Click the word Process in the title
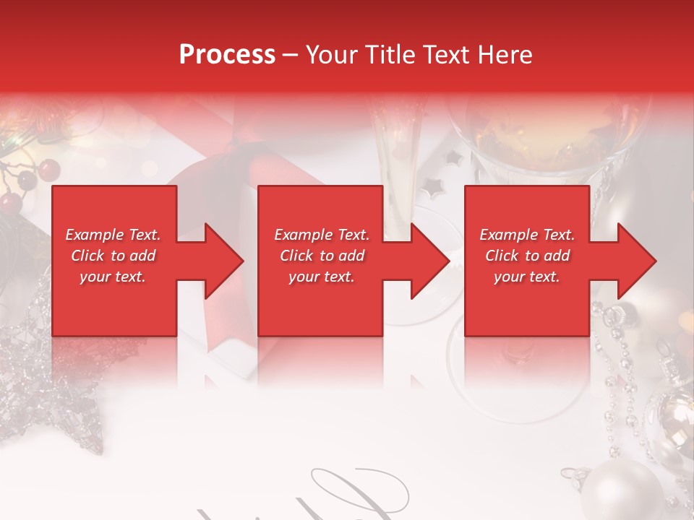[227, 55]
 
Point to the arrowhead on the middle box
[428, 261]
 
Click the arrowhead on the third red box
[635, 261]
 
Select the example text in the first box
[113, 256]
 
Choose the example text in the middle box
[322, 256]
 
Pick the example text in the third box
[527, 256]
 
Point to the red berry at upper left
[48, 170]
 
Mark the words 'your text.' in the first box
[113, 277]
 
